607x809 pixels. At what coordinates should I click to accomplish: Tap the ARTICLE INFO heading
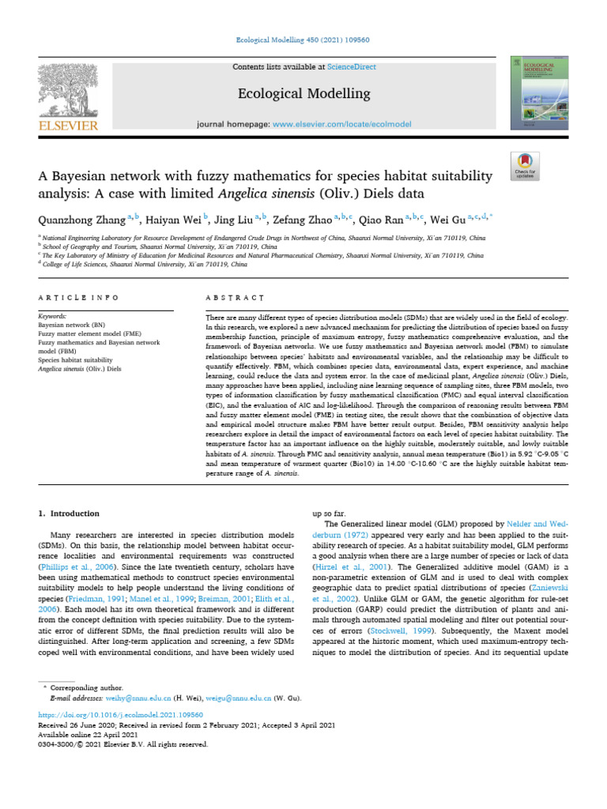(x=78, y=297)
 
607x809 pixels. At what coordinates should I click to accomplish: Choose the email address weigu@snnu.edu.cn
(x=232, y=698)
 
